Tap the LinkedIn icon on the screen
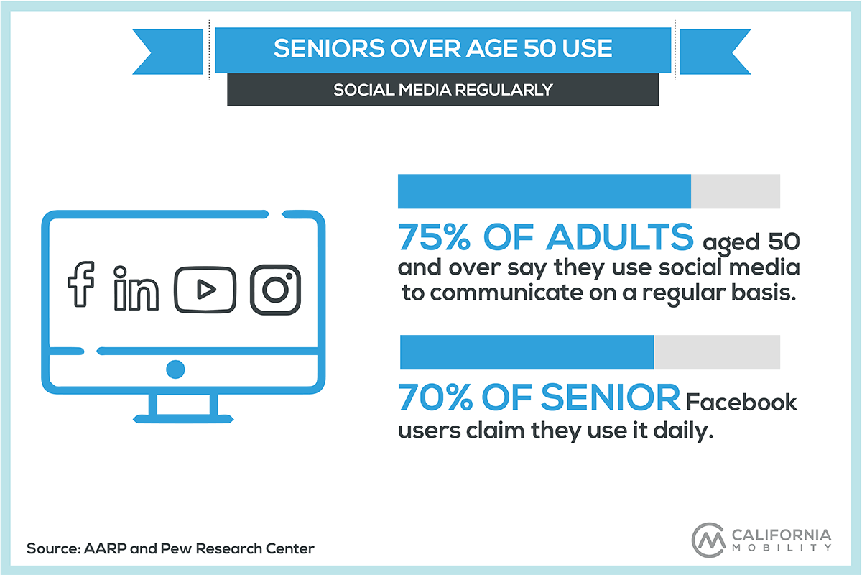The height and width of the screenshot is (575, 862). pos(136,288)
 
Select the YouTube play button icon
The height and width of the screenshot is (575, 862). pos(205,290)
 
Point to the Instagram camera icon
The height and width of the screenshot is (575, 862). pos(276,290)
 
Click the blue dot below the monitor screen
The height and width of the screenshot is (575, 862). pos(175,369)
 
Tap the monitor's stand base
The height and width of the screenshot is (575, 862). pos(183,418)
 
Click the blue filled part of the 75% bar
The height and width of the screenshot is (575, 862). pos(544,191)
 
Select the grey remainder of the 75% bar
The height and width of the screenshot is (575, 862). pos(736,191)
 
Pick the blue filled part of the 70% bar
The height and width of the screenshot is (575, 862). pos(527,352)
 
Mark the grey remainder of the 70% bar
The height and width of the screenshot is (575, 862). pos(717,352)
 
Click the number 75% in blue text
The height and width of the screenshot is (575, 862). pos(434,237)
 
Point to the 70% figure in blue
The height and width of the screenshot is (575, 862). pos(435,397)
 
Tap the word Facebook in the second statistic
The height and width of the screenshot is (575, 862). pos(741,402)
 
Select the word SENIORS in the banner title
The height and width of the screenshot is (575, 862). pos(329,49)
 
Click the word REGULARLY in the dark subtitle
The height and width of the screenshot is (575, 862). pos(504,90)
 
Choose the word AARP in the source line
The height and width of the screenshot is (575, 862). pos(105,548)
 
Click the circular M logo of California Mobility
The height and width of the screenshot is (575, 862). pos(708,540)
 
